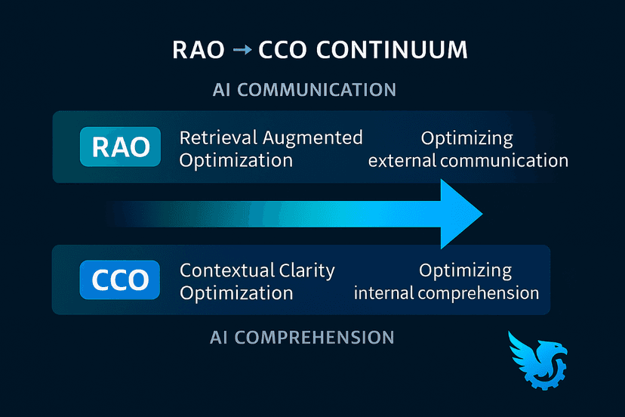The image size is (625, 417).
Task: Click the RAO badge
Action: point(120,147)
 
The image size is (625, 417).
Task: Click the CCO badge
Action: point(120,280)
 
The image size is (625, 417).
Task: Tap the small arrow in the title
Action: point(242,51)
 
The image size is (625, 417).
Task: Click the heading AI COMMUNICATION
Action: point(305,89)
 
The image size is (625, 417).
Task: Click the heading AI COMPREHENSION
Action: point(302,337)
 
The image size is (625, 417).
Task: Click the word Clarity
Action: point(306,270)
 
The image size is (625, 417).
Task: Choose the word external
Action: point(406,160)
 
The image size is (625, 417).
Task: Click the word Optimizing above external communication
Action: point(466,138)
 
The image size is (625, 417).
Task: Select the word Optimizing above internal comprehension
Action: point(465,270)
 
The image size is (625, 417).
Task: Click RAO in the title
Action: point(198,51)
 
